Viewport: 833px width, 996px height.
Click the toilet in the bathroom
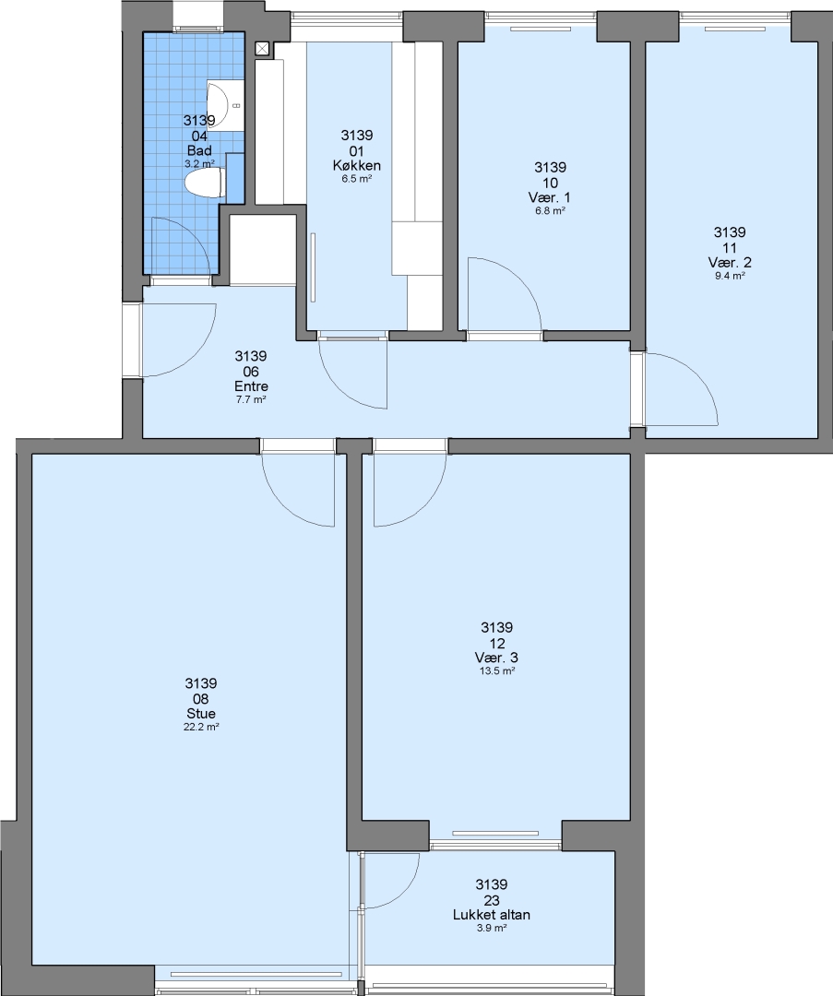click(x=203, y=183)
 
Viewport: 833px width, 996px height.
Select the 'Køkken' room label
click(x=356, y=166)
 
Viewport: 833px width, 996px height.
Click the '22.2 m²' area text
click(x=201, y=728)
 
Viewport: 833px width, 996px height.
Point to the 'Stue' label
click(x=201, y=714)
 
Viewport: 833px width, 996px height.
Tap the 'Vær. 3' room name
click(x=496, y=658)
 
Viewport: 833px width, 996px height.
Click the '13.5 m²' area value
click(x=496, y=670)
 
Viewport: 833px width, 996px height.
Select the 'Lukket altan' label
click(x=491, y=915)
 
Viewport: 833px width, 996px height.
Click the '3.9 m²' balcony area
click(x=491, y=928)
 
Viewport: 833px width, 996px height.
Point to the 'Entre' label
click(x=251, y=386)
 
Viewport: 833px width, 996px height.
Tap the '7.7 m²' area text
click(x=251, y=399)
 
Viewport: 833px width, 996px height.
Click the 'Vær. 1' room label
click(x=550, y=197)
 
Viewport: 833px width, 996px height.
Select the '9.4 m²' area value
click(x=730, y=276)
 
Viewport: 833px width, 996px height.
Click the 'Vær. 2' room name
click(x=730, y=262)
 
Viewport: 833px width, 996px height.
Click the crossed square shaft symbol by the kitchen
click(x=263, y=49)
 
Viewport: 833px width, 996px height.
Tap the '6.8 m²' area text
click(x=550, y=211)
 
